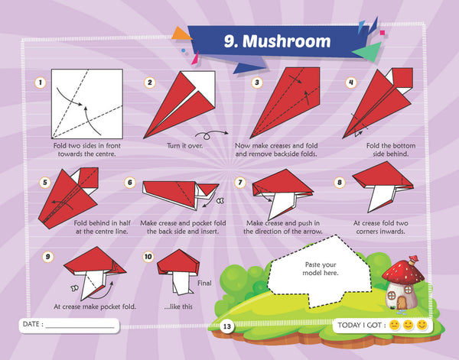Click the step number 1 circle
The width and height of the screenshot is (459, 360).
pos(41,83)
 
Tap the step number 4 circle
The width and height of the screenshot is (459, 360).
pos(351,83)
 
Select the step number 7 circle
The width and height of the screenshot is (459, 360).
pos(240,183)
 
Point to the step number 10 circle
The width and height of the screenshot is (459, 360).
pos(148,257)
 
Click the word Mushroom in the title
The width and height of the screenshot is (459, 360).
pos(287,41)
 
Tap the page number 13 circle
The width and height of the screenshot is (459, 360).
pos(227,326)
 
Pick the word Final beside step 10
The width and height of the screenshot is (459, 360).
pos(204,283)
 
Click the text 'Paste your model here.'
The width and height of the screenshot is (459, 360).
pos(321,269)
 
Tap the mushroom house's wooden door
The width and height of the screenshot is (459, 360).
pos(402,303)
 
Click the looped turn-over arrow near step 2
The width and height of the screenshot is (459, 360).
pos(211,135)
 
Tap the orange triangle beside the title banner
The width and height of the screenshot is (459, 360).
pos(181,34)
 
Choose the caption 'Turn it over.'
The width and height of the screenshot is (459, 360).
pos(184,145)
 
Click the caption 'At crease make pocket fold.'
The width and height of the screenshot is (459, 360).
pos(95,306)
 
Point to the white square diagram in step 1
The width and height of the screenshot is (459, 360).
pos(87,104)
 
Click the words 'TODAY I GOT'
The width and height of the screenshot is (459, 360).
pos(360,325)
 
